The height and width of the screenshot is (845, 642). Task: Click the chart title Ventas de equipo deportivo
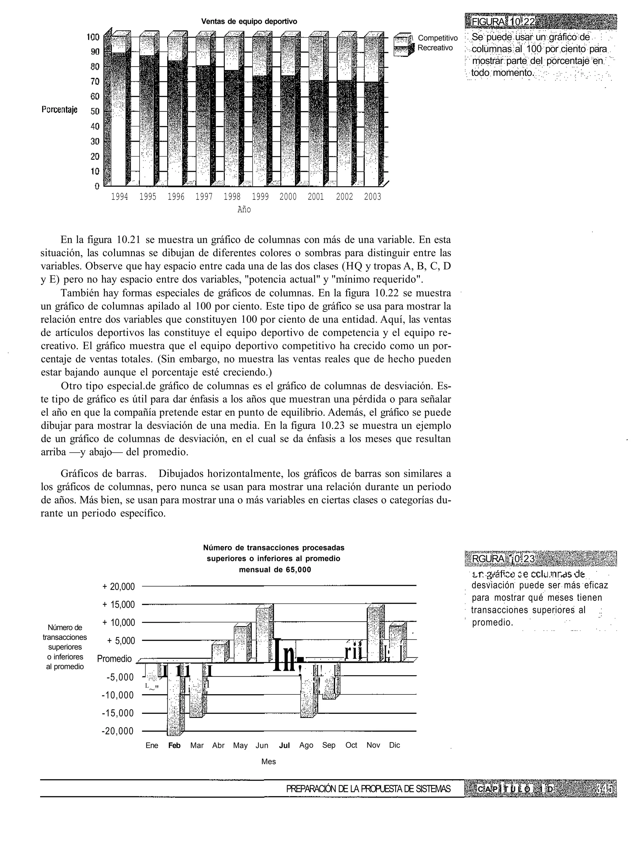(x=249, y=21)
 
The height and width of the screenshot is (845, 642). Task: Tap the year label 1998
(x=232, y=197)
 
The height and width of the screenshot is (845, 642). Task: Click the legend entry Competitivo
(x=438, y=38)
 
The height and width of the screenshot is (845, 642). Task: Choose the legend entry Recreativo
(x=435, y=48)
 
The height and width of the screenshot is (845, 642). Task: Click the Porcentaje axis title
(x=59, y=110)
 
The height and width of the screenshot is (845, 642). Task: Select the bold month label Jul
(x=284, y=746)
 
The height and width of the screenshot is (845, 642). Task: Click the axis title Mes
(x=268, y=762)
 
